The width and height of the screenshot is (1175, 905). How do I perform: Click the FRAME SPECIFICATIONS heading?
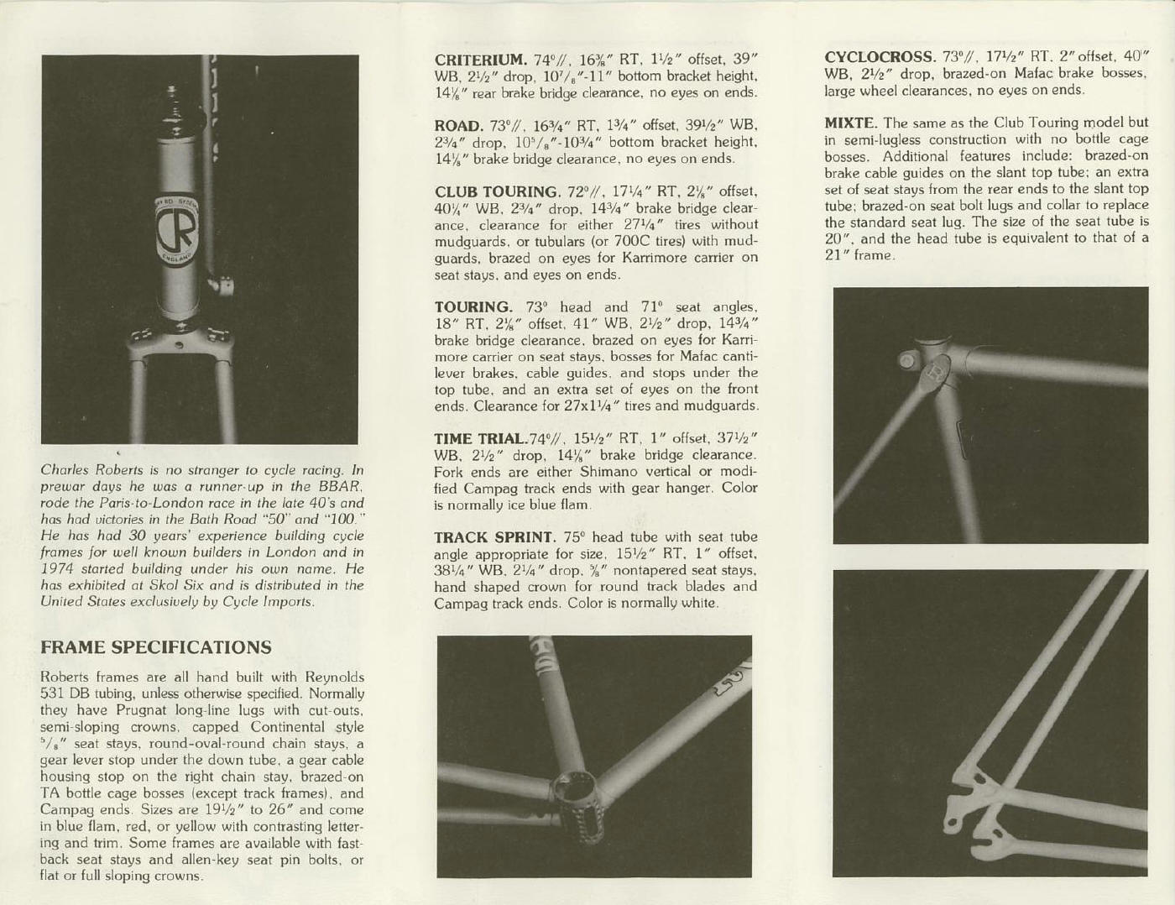(x=156, y=647)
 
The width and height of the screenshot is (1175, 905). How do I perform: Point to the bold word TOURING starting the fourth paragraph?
(x=473, y=307)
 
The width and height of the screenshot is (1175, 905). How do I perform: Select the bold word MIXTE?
(x=850, y=123)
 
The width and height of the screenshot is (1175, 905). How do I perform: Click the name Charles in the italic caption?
(x=65, y=470)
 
